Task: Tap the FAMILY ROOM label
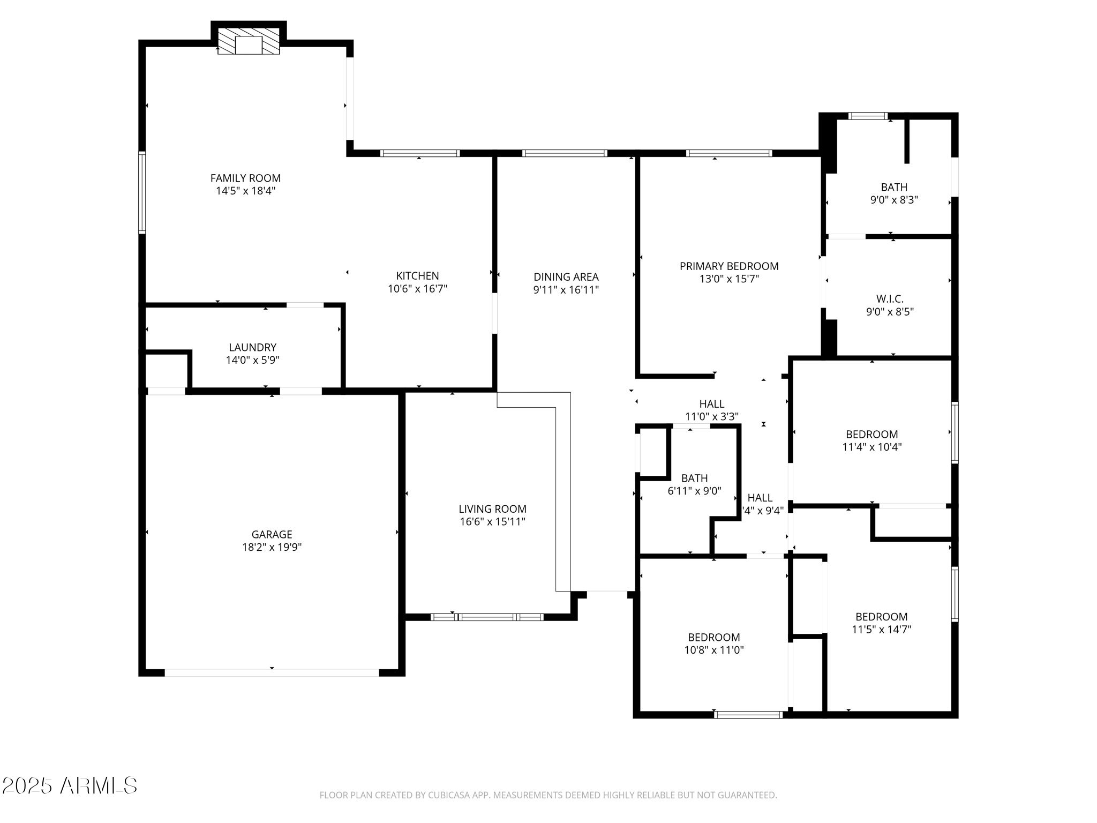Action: pyautogui.click(x=245, y=178)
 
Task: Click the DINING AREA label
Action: pyautogui.click(x=566, y=277)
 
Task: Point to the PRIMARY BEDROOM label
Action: pyautogui.click(x=728, y=266)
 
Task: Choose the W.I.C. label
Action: pyautogui.click(x=890, y=299)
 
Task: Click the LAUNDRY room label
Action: pyautogui.click(x=252, y=347)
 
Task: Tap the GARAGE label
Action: pyautogui.click(x=272, y=534)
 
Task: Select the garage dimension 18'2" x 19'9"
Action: pyautogui.click(x=272, y=547)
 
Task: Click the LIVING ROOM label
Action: pyautogui.click(x=492, y=509)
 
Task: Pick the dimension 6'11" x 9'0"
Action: pyautogui.click(x=694, y=491)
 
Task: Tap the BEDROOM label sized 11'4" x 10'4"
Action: pyautogui.click(x=871, y=435)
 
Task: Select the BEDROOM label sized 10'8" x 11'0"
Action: pyautogui.click(x=713, y=638)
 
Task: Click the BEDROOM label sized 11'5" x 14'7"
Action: pyautogui.click(x=881, y=617)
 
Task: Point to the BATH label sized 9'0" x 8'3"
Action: pyautogui.click(x=894, y=187)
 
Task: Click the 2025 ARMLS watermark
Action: pyautogui.click(x=70, y=786)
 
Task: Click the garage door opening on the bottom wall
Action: pyautogui.click(x=272, y=672)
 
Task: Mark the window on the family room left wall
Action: pyautogui.click(x=142, y=192)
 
